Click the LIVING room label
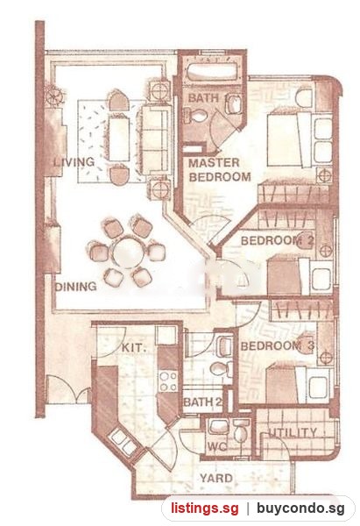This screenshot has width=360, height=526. pyautogui.click(x=74, y=162)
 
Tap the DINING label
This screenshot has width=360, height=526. pyautogui.click(x=75, y=287)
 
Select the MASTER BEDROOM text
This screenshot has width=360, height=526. pyautogui.click(x=220, y=170)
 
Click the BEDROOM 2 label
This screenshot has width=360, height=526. pyautogui.click(x=277, y=240)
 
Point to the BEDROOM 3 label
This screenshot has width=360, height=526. pyautogui.click(x=277, y=346)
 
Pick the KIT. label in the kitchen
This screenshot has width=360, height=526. pyautogui.click(x=134, y=347)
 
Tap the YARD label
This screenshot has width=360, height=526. pyautogui.click(x=215, y=478)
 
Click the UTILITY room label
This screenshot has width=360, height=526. pyautogui.click(x=293, y=433)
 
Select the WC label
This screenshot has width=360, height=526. pyautogui.click(x=217, y=447)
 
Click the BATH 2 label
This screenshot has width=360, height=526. pyautogui.click(x=203, y=402)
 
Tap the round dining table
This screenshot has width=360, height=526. pyautogui.click(x=128, y=252)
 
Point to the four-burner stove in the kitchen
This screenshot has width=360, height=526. pyautogui.click(x=168, y=381)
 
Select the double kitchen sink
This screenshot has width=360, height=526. pyautogui.click(x=123, y=442)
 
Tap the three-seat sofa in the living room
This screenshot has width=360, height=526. pyautogui.click(x=155, y=140)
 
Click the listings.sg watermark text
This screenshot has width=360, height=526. pyautogui.click(x=204, y=508)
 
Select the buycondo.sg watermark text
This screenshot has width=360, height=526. pyautogui.click(x=300, y=508)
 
